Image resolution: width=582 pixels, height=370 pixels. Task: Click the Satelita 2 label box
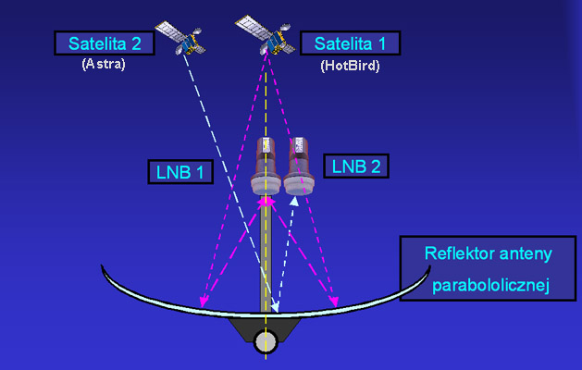point(105,43)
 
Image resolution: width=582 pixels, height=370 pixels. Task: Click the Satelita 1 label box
point(350,43)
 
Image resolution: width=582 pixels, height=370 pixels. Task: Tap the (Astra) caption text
point(104,64)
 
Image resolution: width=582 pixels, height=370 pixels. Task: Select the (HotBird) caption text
point(350,66)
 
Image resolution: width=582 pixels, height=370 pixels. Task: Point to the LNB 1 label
point(180,172)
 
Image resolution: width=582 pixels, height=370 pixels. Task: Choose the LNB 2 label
point(356,166)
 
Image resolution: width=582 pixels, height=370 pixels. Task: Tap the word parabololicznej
point(490,286)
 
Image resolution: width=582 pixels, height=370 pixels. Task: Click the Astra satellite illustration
point(180,38)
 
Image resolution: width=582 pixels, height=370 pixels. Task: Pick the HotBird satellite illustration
point(266,34)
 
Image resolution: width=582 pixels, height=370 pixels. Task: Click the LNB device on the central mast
point(266,166)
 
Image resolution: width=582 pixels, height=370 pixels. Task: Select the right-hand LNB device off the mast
point(299,166)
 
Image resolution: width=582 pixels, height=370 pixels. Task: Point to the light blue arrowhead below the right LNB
point(294,201)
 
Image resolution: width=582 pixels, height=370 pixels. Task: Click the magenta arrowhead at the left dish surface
point(203,301)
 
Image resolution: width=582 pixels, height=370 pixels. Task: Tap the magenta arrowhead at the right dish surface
point(334,301)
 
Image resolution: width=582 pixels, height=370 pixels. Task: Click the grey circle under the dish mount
point(266,341)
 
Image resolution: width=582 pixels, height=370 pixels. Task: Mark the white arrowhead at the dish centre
point(275,307)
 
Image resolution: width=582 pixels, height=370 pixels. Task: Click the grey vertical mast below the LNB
point(266,256)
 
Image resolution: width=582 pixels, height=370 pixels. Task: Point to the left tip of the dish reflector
point(102,265)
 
